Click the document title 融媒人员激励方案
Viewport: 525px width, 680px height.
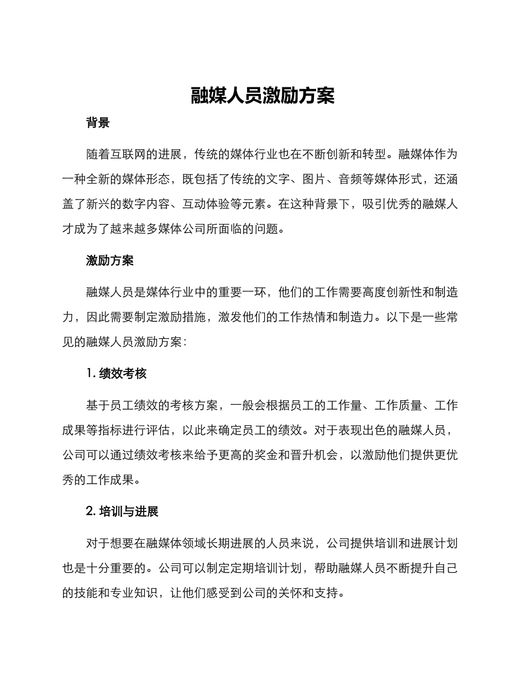coord(262,96)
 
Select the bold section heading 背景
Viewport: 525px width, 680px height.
coord(98,123)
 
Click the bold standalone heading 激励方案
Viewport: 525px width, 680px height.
coord(110,260)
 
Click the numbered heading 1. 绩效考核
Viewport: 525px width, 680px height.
coord(117,373)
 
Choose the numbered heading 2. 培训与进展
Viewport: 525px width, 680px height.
coord(123,511)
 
